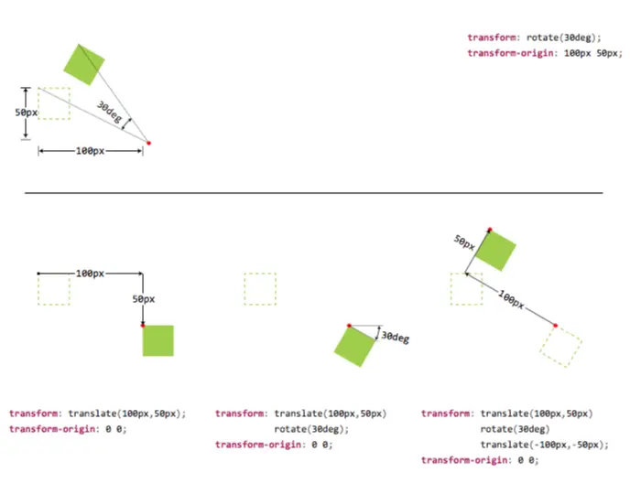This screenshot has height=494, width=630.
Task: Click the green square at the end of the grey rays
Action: (84, 64)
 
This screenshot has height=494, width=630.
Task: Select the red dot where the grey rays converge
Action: (149, 143)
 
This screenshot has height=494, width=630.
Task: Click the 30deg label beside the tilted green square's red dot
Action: (396, 338)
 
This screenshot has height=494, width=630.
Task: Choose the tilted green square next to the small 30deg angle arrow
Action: (355, 346)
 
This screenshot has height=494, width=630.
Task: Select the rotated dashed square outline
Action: (560, 346)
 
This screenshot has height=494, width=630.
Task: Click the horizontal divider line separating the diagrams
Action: (314, 193)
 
